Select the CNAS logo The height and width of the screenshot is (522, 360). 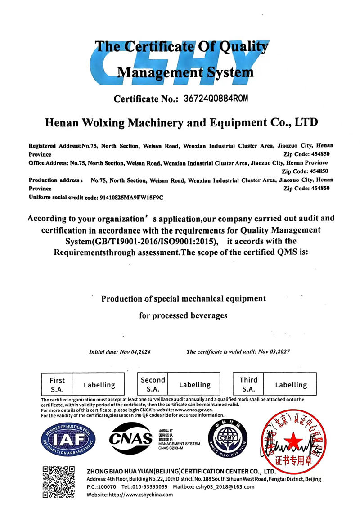[x=131, y=437]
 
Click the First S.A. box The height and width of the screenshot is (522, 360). [x=57, y=385]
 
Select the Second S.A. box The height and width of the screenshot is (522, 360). [x=153, y=384]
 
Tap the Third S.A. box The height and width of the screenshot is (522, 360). [x=248, y=384]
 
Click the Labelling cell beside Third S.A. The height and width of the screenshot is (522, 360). [x=291, y=385]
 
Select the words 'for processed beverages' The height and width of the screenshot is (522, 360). [x=183, y=315]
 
